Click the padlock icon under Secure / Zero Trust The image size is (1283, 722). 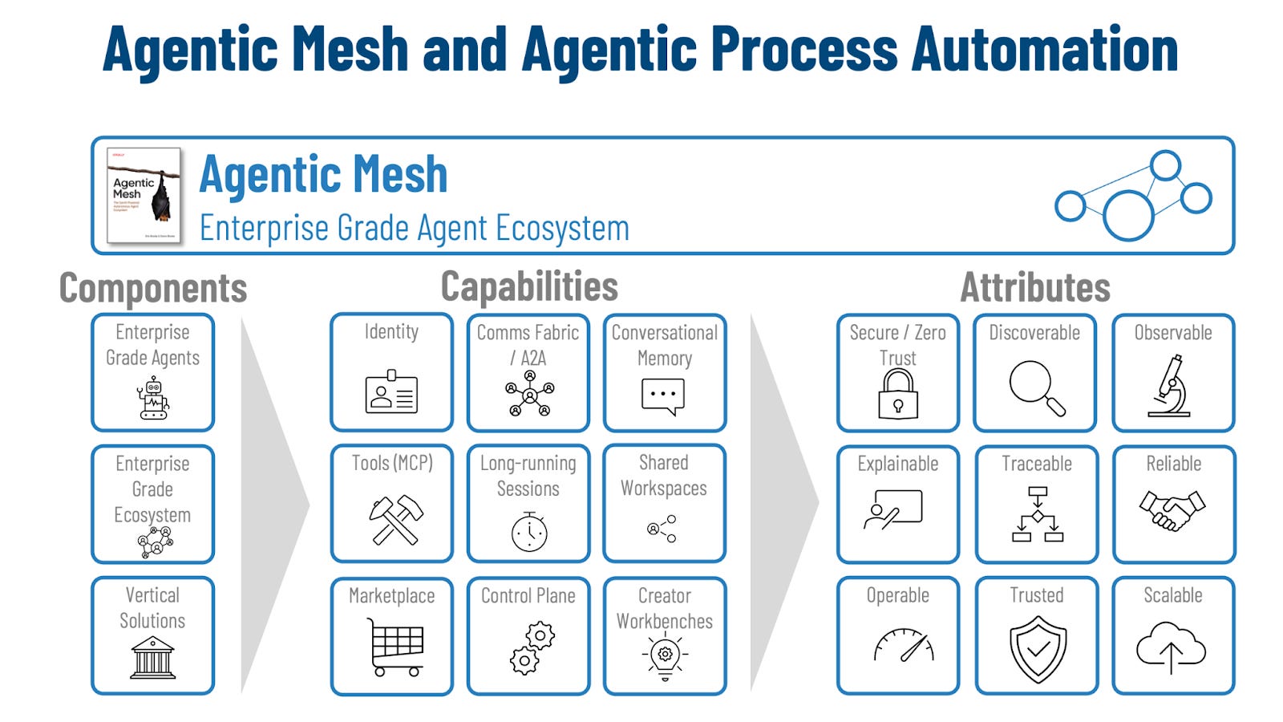click(x=898, y=394)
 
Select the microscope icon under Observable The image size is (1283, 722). click(x=1171, y=387)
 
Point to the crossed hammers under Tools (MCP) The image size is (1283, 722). click(x=395, y=518)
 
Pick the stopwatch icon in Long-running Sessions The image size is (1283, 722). click(x=529, y=531)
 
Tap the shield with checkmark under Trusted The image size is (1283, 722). click(x=1038, y=649)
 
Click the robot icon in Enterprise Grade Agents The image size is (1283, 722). click(x=153, y=399)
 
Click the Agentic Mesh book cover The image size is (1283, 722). click(x=144, y=195)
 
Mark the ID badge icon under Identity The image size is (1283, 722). click(x=391, y=392)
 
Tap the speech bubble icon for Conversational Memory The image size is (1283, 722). click(x=663, y=395)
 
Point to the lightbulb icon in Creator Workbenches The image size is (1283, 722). click(x=665, y=657)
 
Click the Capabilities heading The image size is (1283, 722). click(x=529, y=286)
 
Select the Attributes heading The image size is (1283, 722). click(x=1035, y=287)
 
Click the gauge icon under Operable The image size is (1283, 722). click(x=904, y=645)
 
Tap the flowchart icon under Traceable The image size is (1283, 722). click(x=1038, y=514)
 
